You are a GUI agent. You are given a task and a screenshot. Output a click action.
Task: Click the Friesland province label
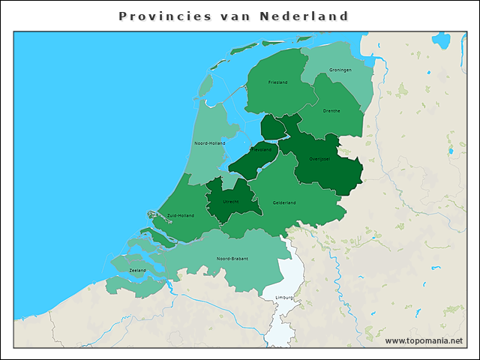click(x=277, y=82)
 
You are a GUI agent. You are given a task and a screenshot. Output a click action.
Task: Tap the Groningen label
click(x=340, y=70)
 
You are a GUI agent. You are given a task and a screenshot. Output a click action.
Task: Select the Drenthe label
click(x=331, y=111)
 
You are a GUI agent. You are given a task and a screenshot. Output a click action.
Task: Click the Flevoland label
click(x=259, y=150)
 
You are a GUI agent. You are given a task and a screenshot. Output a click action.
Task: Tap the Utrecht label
click(x=231, y=202)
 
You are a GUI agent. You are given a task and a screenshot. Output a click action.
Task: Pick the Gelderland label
click(x=284, y=202)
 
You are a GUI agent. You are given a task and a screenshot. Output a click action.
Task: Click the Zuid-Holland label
click(x=181, y=215)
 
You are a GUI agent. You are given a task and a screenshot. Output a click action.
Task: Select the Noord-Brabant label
click(x=232, y=259)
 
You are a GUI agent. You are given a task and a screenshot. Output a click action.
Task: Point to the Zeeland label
click(x=137, y=270)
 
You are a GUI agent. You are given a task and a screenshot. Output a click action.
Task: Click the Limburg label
click(x=284, y=298)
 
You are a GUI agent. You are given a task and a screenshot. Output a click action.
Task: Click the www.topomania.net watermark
click(x=423, y=341)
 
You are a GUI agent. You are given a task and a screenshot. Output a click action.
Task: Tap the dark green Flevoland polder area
click(x=247, y=161)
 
